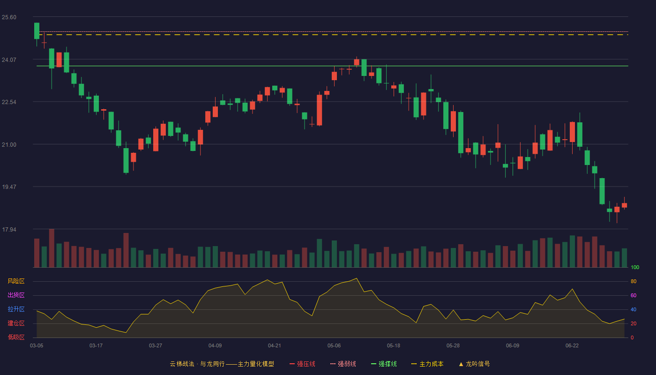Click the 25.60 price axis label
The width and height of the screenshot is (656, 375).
(x=9, y=17)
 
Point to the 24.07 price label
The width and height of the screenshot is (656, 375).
(x=9, y=60)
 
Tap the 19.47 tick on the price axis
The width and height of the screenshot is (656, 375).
(x=9, y=187)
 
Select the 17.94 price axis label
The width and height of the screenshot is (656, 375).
(x=9, y=229)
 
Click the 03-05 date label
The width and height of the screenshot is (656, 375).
(x=37, y=346)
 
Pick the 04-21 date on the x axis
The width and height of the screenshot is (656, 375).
(x=275, y=346)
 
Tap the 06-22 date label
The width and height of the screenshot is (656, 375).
(x=572, y=346)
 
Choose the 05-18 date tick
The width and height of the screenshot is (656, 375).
(x=394, y=346)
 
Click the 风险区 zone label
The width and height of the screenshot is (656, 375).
(x=16, y=281)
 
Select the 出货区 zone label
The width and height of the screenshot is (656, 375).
(x=16, y=295)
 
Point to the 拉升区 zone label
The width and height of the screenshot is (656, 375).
(x=16, y=309)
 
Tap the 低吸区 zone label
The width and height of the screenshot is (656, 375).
(x=16, y=337)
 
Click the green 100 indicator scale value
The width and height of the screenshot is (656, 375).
(x=635, y=267)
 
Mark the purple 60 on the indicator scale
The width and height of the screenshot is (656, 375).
(x=634, y=295)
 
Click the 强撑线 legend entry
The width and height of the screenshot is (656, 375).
(x=384, y=364)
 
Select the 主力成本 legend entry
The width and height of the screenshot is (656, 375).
(x=427, y=364)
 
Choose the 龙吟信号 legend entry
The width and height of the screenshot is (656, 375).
(x=474, y=364)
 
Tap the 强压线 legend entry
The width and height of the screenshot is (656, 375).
(x=303, y=364)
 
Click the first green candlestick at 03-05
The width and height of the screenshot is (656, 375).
(x=37, y=31)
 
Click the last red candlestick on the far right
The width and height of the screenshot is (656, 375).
(x=624, y=205)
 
